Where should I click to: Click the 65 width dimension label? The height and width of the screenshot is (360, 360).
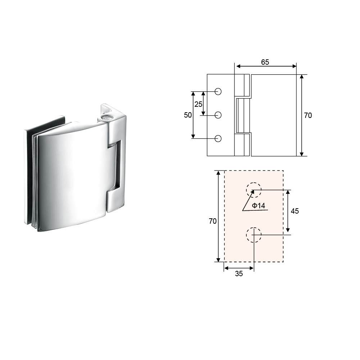(265, 62)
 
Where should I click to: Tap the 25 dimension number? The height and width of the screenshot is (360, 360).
(199, 104)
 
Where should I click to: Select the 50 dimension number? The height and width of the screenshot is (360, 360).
(188, 115)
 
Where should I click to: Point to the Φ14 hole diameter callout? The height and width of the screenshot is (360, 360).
(259, 205)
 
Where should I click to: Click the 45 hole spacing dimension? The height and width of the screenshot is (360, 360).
(295, 211)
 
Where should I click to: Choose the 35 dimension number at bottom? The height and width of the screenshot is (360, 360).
(239, 274)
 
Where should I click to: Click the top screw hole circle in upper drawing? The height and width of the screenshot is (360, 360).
(218, 92)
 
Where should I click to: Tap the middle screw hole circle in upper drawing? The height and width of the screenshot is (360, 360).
(218, 115)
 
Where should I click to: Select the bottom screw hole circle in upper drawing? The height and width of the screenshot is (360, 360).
(218, 139)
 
